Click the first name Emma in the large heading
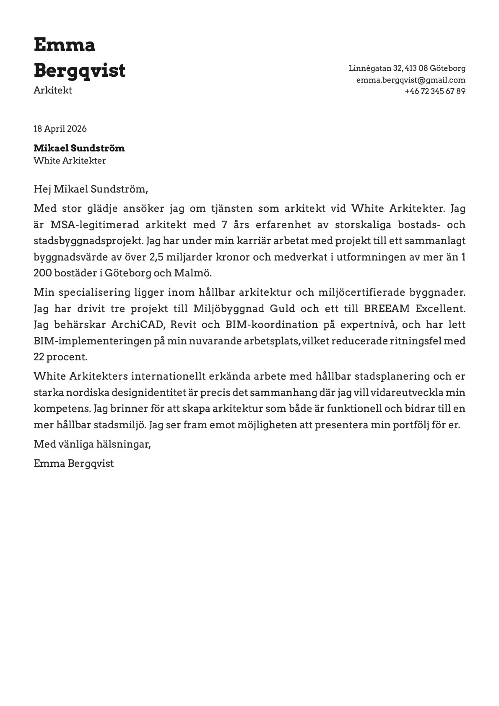click(64, 45)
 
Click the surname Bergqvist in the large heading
click(79, 70)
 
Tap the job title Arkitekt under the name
click(52, 90)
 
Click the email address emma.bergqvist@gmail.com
click(411, 80)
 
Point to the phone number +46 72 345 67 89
click(435, 91)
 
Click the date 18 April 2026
click(60, 129)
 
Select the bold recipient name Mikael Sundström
click(79, 148)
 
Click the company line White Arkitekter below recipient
click(70, 160)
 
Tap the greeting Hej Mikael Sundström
click(91, 189)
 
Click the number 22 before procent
click(39, 357)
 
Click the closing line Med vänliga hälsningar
click(92, 444)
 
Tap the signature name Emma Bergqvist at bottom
click(73, 464)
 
